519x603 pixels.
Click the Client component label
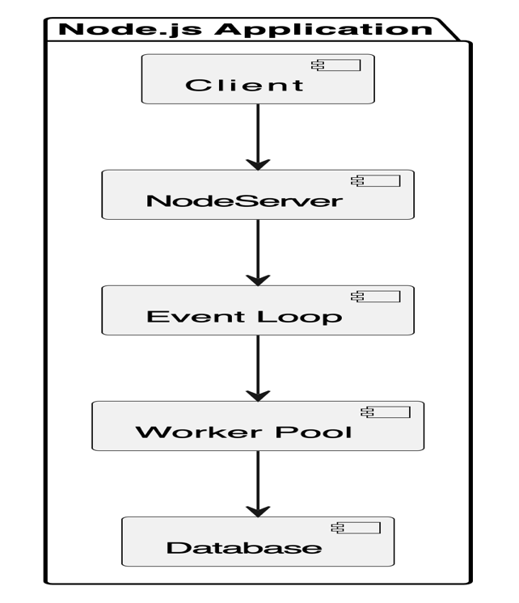(x=244, y=85)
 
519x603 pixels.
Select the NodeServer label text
(x=244, y=200)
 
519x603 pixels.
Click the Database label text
(x=243, y=547)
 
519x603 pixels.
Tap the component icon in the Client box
(x=335, y=65)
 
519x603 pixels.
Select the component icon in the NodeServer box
(x=374, y=181)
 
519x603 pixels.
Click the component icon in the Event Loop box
(x=374, y=297)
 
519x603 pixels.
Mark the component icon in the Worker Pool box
(x=385, y=412)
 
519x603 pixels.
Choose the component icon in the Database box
(x=355, y=528)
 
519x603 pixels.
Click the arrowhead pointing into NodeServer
(x=258, y=163)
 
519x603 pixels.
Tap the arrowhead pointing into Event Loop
(x=258, y=279)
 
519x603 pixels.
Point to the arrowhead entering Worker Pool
(x=258, y=394)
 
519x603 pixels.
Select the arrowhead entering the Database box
(x=258, y=510)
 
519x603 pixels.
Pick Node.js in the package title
(x=129, y=30)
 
